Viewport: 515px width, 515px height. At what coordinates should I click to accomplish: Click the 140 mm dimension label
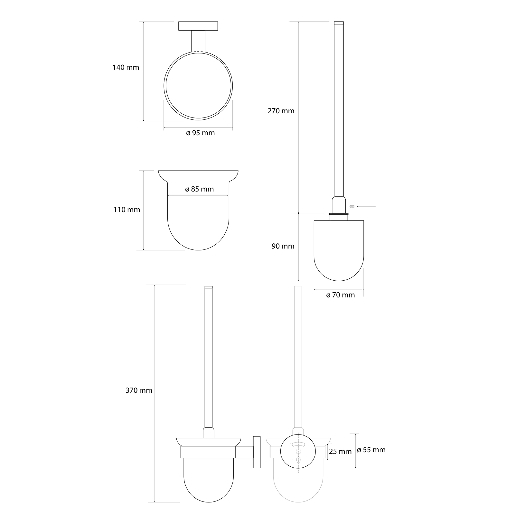pos(126,68)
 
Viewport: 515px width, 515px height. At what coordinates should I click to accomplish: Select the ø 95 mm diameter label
pos(201,133)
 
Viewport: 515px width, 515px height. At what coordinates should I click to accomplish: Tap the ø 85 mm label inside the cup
pos(200,189)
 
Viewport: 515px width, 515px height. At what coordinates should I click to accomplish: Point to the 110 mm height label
pos(127,210)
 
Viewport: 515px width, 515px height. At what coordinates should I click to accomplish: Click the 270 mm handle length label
pos(281,111)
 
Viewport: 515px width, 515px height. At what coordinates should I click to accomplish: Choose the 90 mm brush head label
pos(283,246)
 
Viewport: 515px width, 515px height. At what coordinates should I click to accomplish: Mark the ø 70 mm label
pos(341,295)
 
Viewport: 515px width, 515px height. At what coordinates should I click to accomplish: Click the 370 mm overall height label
pos(139,390)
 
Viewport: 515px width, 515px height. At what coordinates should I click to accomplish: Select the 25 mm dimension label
pos(340,452)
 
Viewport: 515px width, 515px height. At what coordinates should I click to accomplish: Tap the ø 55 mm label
pos(371,450)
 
